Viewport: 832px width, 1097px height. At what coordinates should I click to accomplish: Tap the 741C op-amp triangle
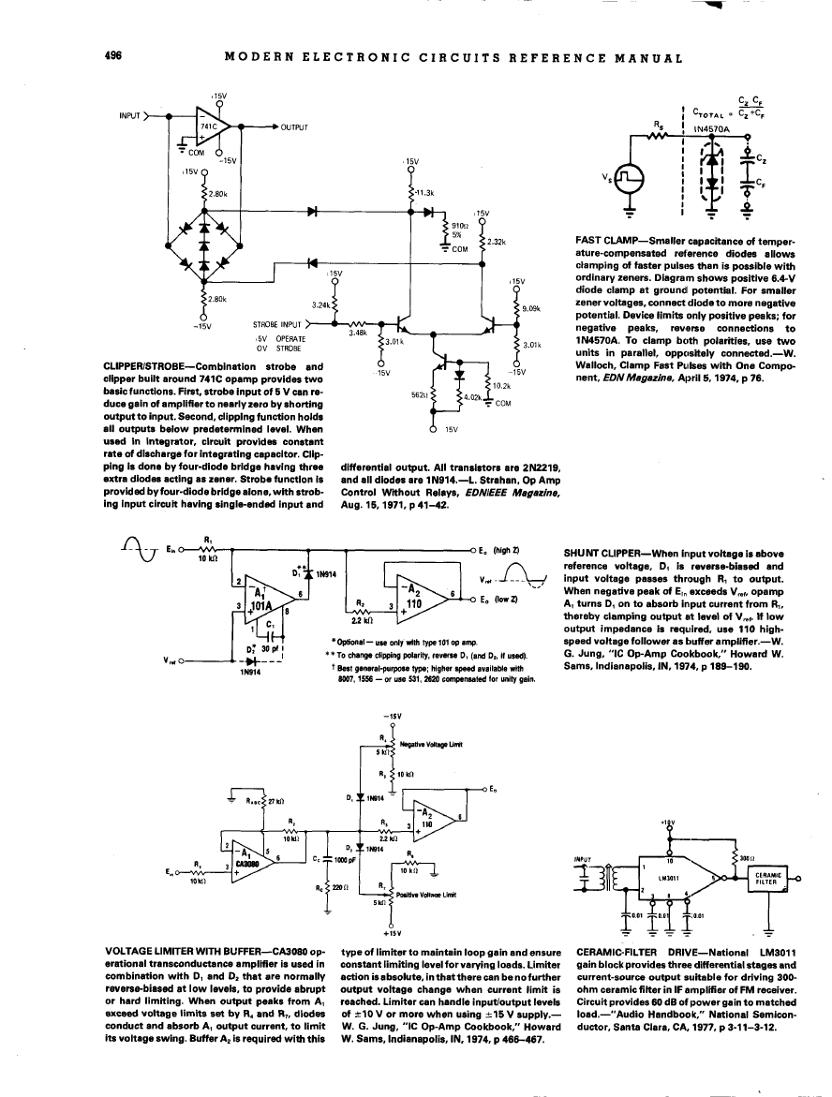(x=216, y=124)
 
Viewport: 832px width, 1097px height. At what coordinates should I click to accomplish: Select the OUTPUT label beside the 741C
(x=294, y=126)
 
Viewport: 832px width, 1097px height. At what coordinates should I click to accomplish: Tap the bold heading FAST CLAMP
(x=602, y=242)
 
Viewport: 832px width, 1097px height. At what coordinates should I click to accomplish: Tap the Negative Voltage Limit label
(x=432, y=744)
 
